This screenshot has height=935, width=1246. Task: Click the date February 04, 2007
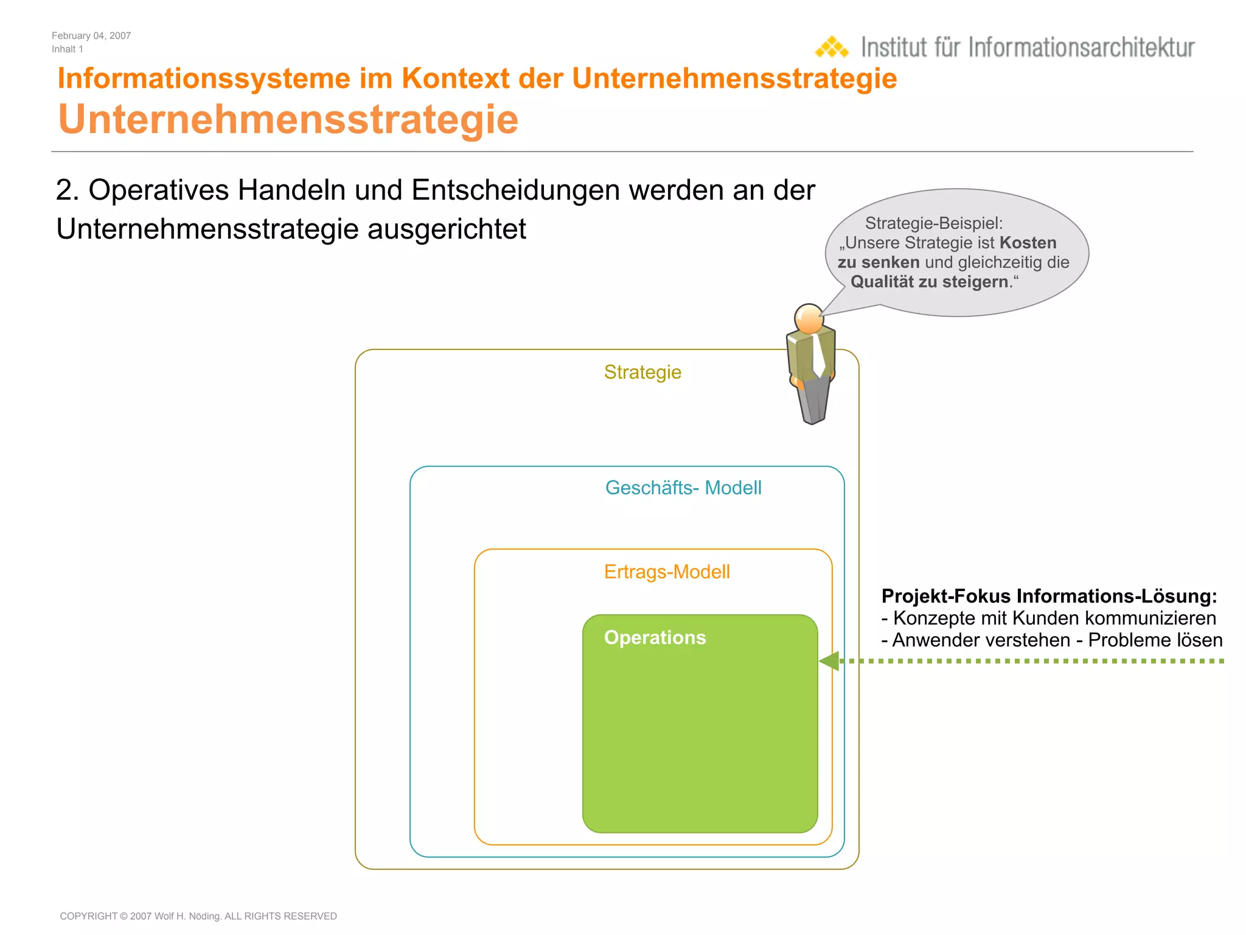91,36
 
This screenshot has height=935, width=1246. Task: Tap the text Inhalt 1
68,49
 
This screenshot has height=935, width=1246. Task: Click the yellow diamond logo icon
832,47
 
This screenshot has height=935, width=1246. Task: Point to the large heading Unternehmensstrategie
288,119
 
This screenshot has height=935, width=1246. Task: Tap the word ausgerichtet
447,229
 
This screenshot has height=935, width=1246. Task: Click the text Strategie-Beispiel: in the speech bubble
934,223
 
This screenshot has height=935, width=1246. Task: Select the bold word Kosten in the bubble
1028,243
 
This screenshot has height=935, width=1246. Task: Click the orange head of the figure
809,318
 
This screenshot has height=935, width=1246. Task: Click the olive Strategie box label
642,372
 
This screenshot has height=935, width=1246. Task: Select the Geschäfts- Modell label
683,488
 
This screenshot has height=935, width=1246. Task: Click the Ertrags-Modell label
667,572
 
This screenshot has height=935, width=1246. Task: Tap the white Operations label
655,637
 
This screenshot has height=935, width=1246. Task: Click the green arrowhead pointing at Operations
830,661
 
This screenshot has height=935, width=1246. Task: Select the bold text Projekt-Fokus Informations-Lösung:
1049,596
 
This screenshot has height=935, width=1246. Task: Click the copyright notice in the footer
198,916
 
